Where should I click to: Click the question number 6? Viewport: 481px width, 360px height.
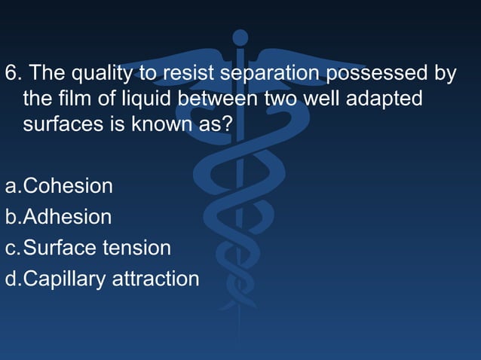[11, 74]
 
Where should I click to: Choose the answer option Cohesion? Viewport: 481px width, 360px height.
[68, 186]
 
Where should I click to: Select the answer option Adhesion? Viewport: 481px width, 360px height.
[67, 217]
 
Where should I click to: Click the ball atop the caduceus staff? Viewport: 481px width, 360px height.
[240, 37]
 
